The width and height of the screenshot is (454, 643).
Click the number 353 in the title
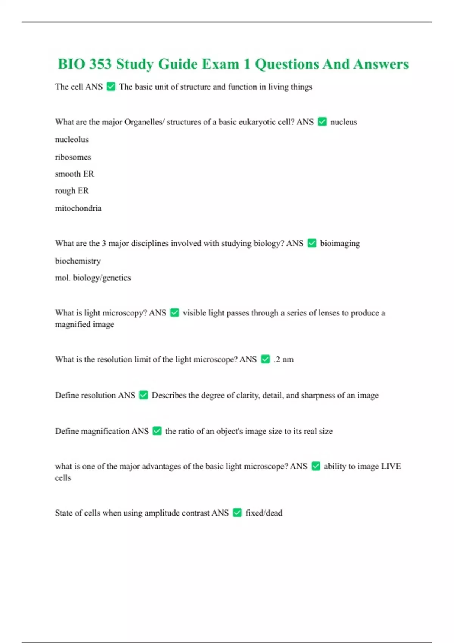click(x=100, y=64)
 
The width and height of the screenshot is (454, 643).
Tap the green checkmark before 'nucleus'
click(x=322, y=122)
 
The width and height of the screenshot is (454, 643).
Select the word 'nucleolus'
click(x=72, y=140)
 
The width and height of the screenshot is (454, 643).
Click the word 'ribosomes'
click(x=73, y=157)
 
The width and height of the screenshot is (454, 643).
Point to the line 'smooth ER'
click(x=75, y=174)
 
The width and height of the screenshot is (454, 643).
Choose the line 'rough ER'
click(x=72, y=191)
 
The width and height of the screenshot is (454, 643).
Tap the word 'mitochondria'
click(x=78, y=208)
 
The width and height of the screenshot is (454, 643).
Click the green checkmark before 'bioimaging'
click(x=312, y=243)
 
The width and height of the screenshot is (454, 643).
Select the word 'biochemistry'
click(x=78, y=261)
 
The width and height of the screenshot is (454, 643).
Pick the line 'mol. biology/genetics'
click(x=93, y=278)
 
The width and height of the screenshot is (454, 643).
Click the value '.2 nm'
click(x=283, y=359)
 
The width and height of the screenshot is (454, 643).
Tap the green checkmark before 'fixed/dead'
click(x=237, y=513)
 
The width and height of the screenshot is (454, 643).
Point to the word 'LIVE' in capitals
click(x=391, y=466)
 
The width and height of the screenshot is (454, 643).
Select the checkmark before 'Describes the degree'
click(x=143, y=395)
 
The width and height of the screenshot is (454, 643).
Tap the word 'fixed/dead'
click(x=264, y=513)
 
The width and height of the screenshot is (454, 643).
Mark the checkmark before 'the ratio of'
click(x=157, y=431)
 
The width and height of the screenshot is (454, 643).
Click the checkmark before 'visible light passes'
click(x=174, y=313)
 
